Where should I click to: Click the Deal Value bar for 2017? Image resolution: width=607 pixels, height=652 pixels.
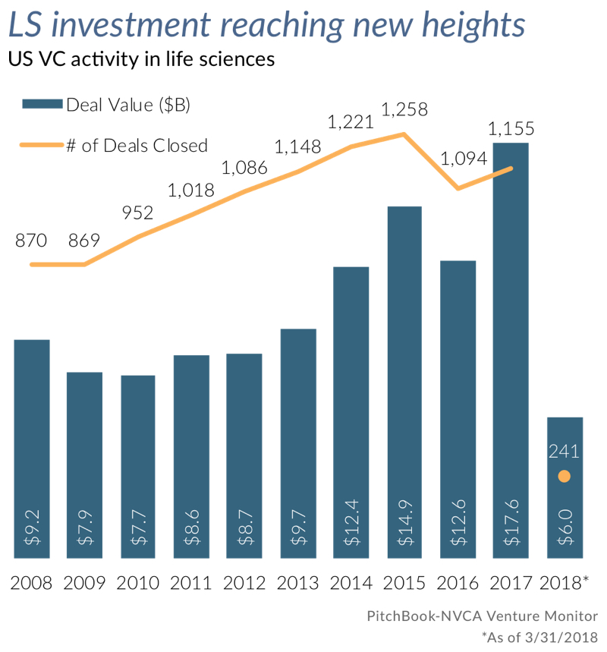510,342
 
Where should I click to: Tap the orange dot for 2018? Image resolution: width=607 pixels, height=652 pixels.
564,477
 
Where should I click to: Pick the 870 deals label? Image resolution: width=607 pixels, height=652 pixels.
31,241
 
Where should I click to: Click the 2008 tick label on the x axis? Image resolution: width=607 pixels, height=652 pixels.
31,584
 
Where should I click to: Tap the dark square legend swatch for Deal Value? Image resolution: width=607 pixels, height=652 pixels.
42,106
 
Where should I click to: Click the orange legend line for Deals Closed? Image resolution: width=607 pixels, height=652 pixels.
42,145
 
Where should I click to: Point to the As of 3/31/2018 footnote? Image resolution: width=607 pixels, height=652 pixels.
539,637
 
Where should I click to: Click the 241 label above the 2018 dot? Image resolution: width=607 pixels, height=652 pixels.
564,451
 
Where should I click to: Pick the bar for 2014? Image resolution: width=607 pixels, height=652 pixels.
351,410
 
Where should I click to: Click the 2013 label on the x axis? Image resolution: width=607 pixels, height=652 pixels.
297,584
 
